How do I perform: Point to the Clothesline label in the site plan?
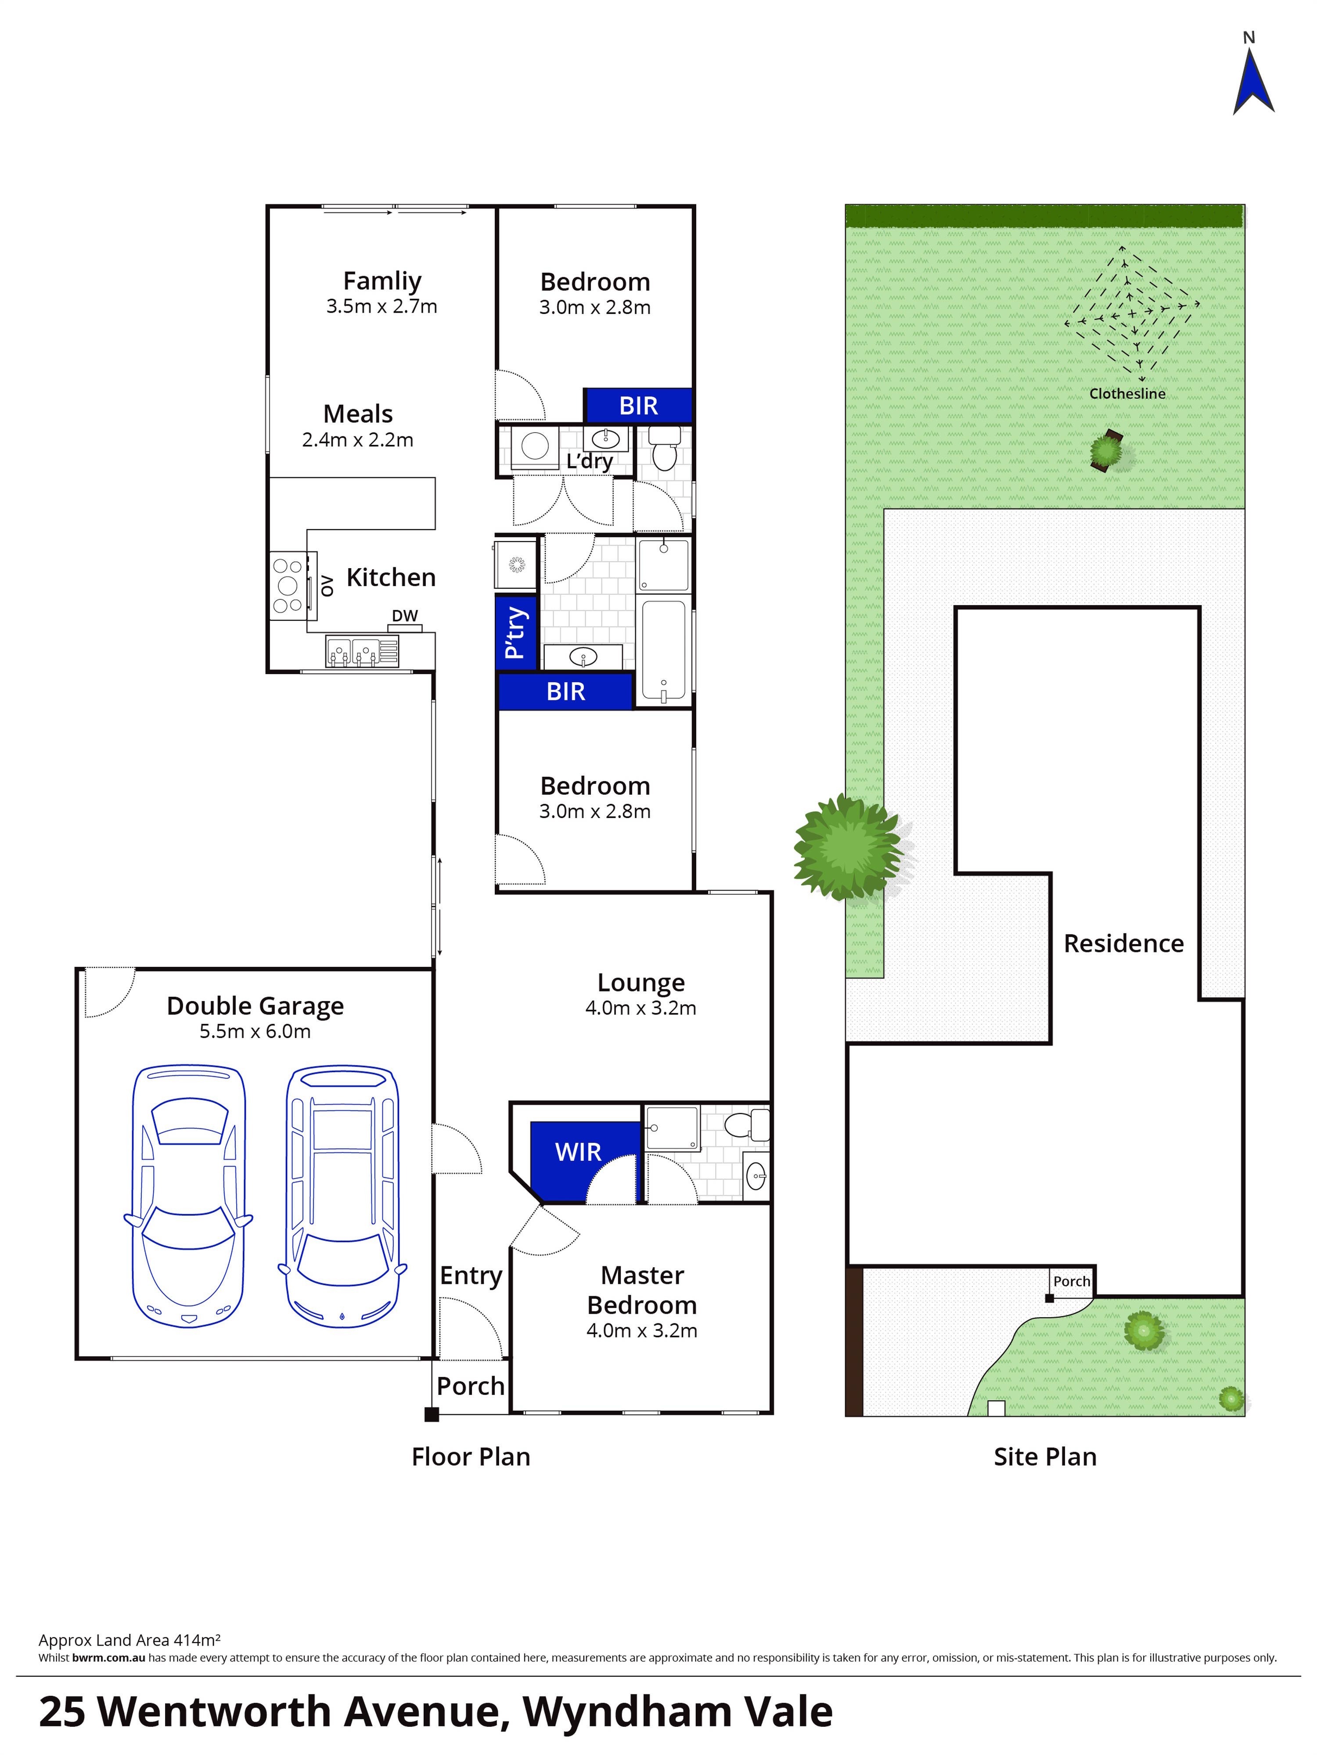(x=1126, y=393)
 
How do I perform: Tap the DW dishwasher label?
(x=405, y=616)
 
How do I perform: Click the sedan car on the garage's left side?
(x=188, y=1198)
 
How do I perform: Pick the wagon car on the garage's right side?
(x=342, y=1198)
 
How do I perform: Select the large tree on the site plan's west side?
(x=847, y=847)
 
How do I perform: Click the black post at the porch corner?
(x=431, y=1414)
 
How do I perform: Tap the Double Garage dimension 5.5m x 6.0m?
(x=255, y=1031)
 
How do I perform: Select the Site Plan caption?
(x=1045, y=1457)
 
